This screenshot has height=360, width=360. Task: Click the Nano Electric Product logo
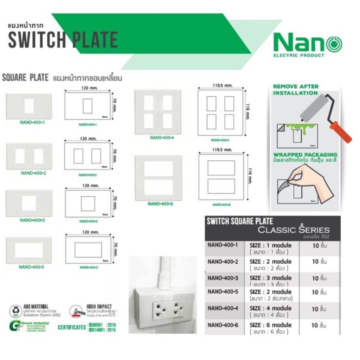308,44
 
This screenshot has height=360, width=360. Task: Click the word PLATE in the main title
95,40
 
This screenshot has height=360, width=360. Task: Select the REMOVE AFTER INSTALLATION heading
296,90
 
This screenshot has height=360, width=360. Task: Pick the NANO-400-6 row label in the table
223,326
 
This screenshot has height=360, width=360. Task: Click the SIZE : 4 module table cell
270,308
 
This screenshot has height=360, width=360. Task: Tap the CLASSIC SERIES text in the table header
294,230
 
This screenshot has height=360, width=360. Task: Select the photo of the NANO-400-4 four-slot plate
158,112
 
